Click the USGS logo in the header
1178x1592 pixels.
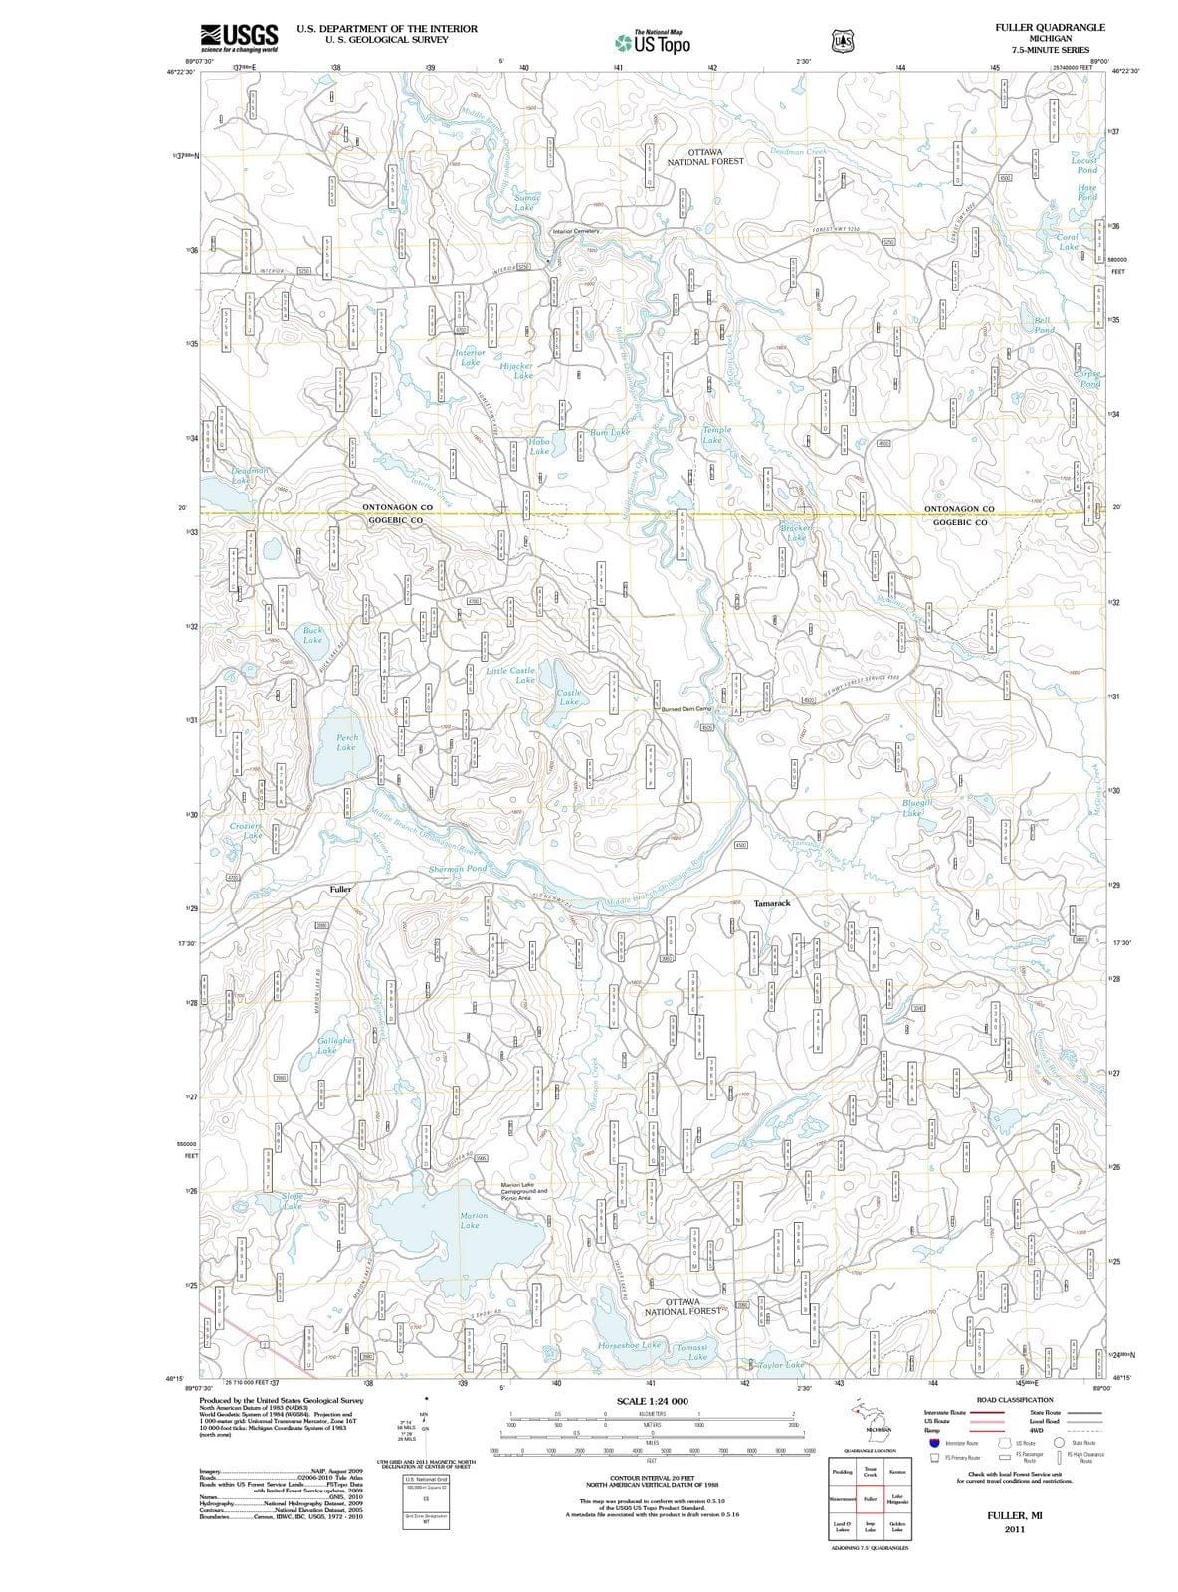pyautogui.click(x=239, y=38)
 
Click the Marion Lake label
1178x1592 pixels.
pyautogui.click(x=474, y=1220)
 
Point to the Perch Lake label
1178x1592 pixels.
pyautogui.click(x=345, y=742)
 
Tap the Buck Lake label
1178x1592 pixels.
pyautogui.click(x=312, y=635)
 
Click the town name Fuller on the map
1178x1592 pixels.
pyautogui.click(x=340, y=889)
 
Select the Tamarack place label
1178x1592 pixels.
pyautogui.click(x=772, y=903)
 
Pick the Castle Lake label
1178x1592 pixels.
pyautogui.click(x=569, y=696)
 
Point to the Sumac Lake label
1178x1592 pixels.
pyautogui.click(x=526, y=202)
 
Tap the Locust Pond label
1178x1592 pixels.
pyautogui.click(x=1083, y=164)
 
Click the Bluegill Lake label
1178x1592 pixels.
pyautogui.click(x=915, y=807)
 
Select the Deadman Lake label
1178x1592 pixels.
pyautogui.click(x=249, y=475)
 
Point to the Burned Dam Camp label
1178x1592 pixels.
pyautogui.click(x=687, y=708)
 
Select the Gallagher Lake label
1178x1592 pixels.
pyautogui.click(x=335, y=1045)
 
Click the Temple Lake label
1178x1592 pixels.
pyautogui.click(x=715, y=434)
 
